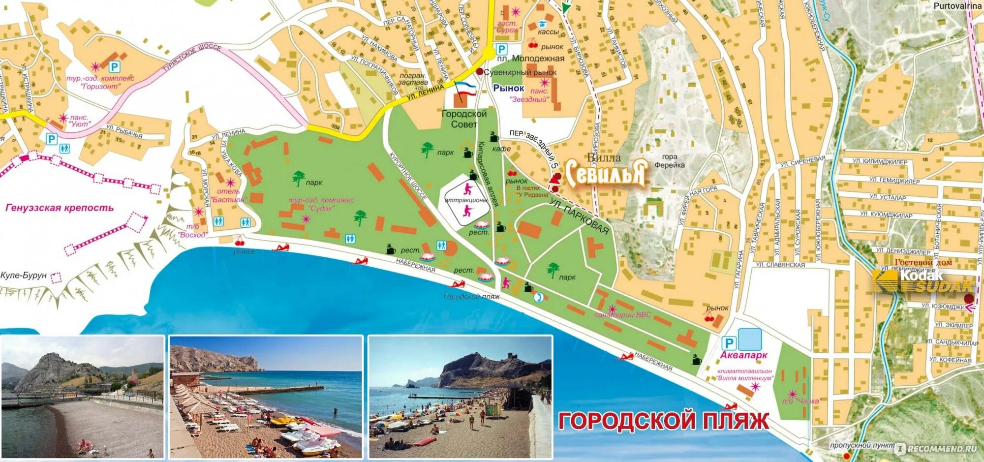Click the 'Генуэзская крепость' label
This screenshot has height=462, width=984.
[x=59, y=208]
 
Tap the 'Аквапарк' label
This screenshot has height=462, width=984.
[x=743, y=355]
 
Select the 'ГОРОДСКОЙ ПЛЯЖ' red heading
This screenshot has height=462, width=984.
[x=663, y=421]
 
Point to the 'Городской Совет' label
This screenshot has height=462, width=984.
[x=464, y=119]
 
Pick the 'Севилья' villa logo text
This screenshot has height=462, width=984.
[x=605, y=173]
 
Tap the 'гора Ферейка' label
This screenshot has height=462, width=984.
[x=669, y=161]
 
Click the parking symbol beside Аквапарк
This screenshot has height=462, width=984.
[x=728, y=343]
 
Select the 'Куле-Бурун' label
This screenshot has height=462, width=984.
[x=24, y=276]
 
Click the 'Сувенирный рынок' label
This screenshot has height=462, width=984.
[x=520, y=72]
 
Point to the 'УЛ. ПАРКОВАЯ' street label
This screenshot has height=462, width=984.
[x=579, y=217]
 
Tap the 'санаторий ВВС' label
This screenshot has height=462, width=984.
[x=622, y=315]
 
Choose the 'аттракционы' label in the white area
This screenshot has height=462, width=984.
[x=465, y=200]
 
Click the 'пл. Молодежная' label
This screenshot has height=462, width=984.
[x=530, y=59]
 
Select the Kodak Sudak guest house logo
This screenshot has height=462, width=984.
[x=922, y=280]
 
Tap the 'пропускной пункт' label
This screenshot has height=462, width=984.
[x=862, y=445]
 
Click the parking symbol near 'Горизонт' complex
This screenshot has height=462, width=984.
[x=114, y=66]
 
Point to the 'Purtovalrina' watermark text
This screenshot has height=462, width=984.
[x=957, y=6]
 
